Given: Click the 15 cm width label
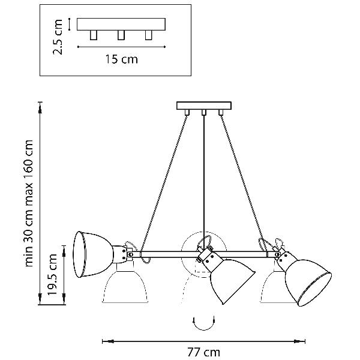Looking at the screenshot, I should point(121,59).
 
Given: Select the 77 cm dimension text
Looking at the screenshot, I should point(203,352).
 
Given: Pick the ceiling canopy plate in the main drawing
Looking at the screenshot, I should point(204,106).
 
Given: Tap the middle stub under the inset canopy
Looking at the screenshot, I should point(121,35).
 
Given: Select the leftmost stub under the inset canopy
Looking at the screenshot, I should point(93,35).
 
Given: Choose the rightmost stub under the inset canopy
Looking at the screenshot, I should point(148,35).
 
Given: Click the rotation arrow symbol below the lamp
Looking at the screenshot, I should point(203,322).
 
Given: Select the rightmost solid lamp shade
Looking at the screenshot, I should point(308,278).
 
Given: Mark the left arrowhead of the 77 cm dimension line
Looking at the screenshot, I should point(105,342).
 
